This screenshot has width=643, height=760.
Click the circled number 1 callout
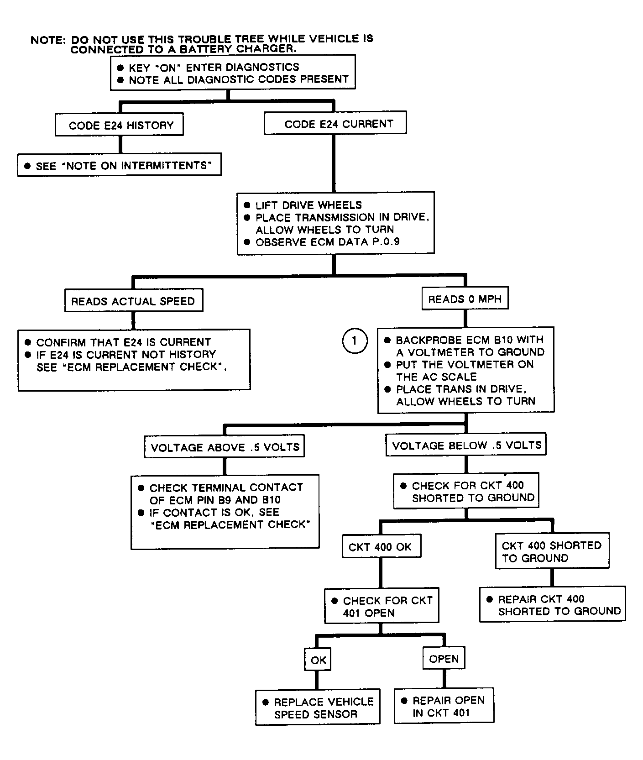tap(355, 341)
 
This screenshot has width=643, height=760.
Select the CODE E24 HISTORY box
tap(119, 125)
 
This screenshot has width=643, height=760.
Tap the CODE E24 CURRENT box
tap(335, 124)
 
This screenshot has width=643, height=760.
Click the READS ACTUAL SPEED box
tap(133, 301)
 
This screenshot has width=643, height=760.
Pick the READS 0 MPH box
tap(465, 299)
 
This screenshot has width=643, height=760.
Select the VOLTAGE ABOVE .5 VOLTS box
tap(225, 447)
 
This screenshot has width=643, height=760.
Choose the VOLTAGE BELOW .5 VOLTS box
tap(466, 445)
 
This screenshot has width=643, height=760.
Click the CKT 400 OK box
tap(381, 547)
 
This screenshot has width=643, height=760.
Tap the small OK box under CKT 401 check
tap(318, 660)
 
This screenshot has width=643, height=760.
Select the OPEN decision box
tap(444, 659)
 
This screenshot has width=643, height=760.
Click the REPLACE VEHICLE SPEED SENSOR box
tap(318, 708)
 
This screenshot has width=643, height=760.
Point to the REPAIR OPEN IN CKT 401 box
tap(444, 706)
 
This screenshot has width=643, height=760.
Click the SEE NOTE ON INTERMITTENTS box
tap(119, 165)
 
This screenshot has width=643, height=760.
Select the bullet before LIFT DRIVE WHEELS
tap(247, 205)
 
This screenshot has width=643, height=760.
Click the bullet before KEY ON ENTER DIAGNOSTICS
tap(120, 68)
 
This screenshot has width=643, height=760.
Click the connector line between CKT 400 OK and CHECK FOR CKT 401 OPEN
tap(380, 573)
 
